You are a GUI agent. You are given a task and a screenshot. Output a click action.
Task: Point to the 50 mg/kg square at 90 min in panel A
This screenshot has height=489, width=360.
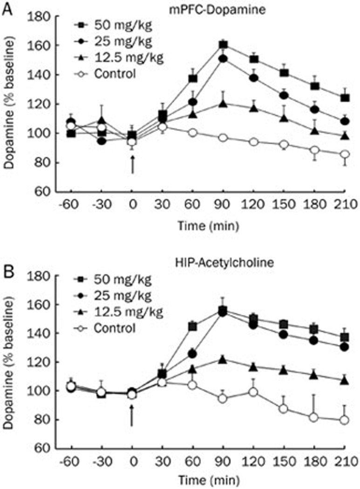[224, 45]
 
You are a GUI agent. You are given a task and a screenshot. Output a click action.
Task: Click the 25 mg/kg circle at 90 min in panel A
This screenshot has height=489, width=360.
[224, 59]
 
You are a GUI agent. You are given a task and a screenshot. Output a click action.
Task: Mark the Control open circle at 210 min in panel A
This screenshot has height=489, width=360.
[345, 154]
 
